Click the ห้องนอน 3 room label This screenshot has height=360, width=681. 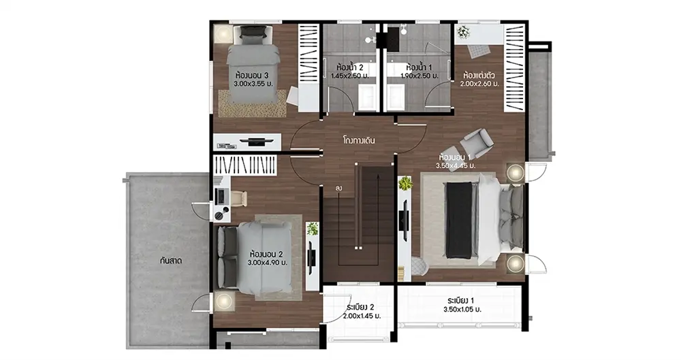pos(253,76)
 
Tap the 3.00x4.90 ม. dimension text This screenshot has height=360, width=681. pos(268,263)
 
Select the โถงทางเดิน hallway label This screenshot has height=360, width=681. pos(358,141)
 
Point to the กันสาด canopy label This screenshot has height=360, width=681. pos(171,261)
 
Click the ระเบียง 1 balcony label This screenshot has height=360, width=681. pos(461,301)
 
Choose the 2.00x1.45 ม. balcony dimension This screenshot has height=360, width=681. pos(362,316)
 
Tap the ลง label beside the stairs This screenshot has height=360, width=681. pos(338,189)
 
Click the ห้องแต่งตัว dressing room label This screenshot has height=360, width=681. pos(479,75)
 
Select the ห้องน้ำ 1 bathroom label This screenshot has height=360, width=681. pos(419,68)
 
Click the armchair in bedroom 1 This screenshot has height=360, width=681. pos(475,143)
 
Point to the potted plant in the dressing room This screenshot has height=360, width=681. pos(463,32)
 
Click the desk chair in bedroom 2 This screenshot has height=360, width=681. pos(238,199)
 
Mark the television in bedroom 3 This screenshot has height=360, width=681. pos(256,141)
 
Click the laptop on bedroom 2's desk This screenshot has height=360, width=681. pos(220,196)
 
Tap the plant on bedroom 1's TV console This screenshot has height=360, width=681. pos(405,183)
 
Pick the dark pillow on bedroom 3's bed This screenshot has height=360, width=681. pos(253,32)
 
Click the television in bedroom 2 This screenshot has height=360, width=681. pos(311,257)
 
